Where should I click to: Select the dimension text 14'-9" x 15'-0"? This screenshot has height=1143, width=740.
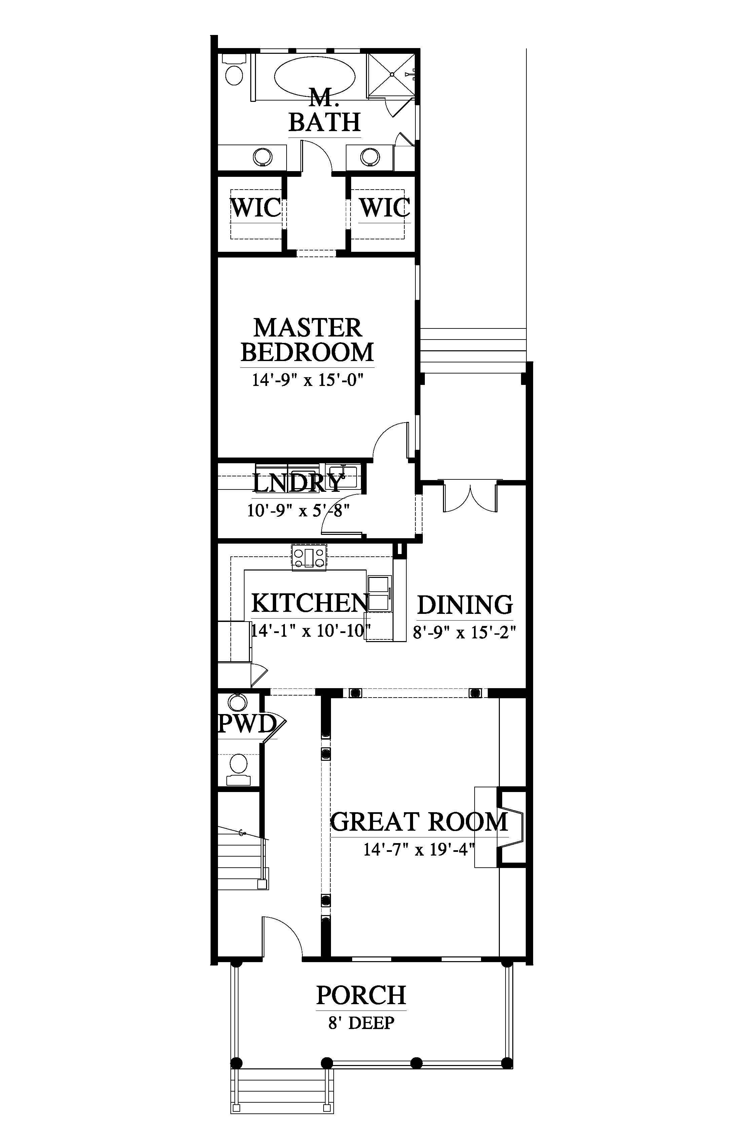point(307,380)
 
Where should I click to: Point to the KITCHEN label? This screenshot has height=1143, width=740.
point(310,603)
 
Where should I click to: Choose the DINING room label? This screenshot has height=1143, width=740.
point(465,605)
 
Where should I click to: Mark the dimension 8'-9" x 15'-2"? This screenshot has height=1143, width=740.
point(465,632)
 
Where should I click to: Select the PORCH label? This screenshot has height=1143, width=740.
point(361,995)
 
